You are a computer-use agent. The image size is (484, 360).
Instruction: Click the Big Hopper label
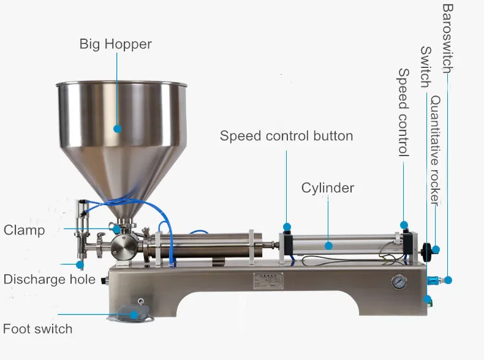[x=115, y=44]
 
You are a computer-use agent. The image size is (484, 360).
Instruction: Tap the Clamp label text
[x=25, y=230]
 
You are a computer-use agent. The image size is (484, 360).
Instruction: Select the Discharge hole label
[x=49, y=280]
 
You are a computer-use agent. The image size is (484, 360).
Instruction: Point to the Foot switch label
[x=37, y=329]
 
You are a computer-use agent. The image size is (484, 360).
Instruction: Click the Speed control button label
[x=286, y=135]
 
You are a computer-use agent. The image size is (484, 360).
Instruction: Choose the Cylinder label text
[x=327, y=187]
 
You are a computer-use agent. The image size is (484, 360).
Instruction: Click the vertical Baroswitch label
[x=448, y=38]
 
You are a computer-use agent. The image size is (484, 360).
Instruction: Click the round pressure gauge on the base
[x=400, y=282]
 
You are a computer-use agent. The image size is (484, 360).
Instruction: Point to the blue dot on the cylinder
[x=328, y=246]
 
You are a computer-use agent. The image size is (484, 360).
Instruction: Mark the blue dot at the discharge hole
[x=80, y=264]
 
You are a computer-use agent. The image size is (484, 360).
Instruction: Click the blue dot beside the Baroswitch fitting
[x=448, y=279]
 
